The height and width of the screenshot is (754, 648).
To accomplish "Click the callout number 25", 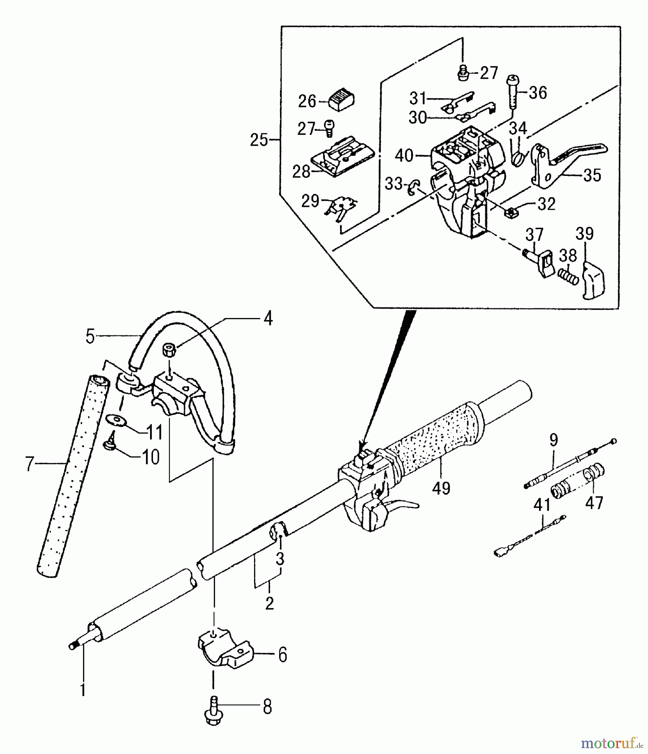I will click(x=259, y=140).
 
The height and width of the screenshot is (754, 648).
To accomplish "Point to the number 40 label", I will click(x=404, y=156).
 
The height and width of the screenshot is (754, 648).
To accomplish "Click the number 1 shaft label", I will click(x=83, y=689).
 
